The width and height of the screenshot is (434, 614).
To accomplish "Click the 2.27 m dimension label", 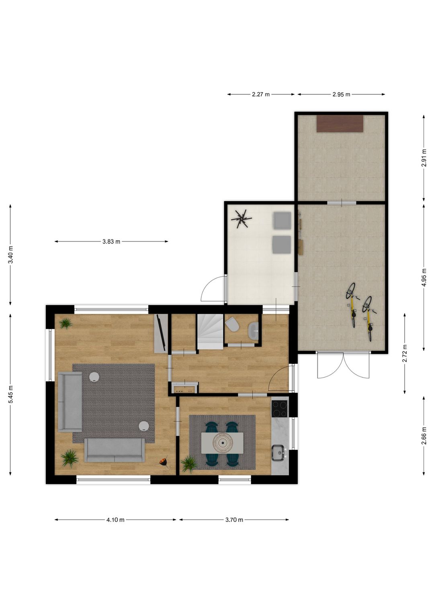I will [261, 95].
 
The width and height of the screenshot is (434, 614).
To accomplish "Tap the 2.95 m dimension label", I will [341, 95].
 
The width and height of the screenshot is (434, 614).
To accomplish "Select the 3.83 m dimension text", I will [111, 242].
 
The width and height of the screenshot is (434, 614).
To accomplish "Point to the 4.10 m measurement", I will [115, 520].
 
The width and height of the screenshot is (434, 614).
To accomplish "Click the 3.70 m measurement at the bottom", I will [234, 520].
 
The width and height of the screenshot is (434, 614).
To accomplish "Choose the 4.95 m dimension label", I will [424, 277].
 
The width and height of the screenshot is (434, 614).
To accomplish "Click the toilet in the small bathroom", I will [231, 324].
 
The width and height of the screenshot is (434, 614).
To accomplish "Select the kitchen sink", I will [278, 453].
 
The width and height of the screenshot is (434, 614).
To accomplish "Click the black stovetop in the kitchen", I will [279, 409].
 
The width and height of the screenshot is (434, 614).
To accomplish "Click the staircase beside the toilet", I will [210, 332].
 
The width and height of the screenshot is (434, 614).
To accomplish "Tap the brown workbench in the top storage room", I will [340, 124].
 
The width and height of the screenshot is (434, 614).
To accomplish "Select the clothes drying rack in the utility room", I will [241, 219].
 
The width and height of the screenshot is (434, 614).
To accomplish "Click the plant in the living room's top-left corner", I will [66, 323].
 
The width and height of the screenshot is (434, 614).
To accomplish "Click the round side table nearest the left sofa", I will [94, 377].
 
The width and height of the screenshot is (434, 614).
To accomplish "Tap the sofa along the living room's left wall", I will [70, 402].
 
